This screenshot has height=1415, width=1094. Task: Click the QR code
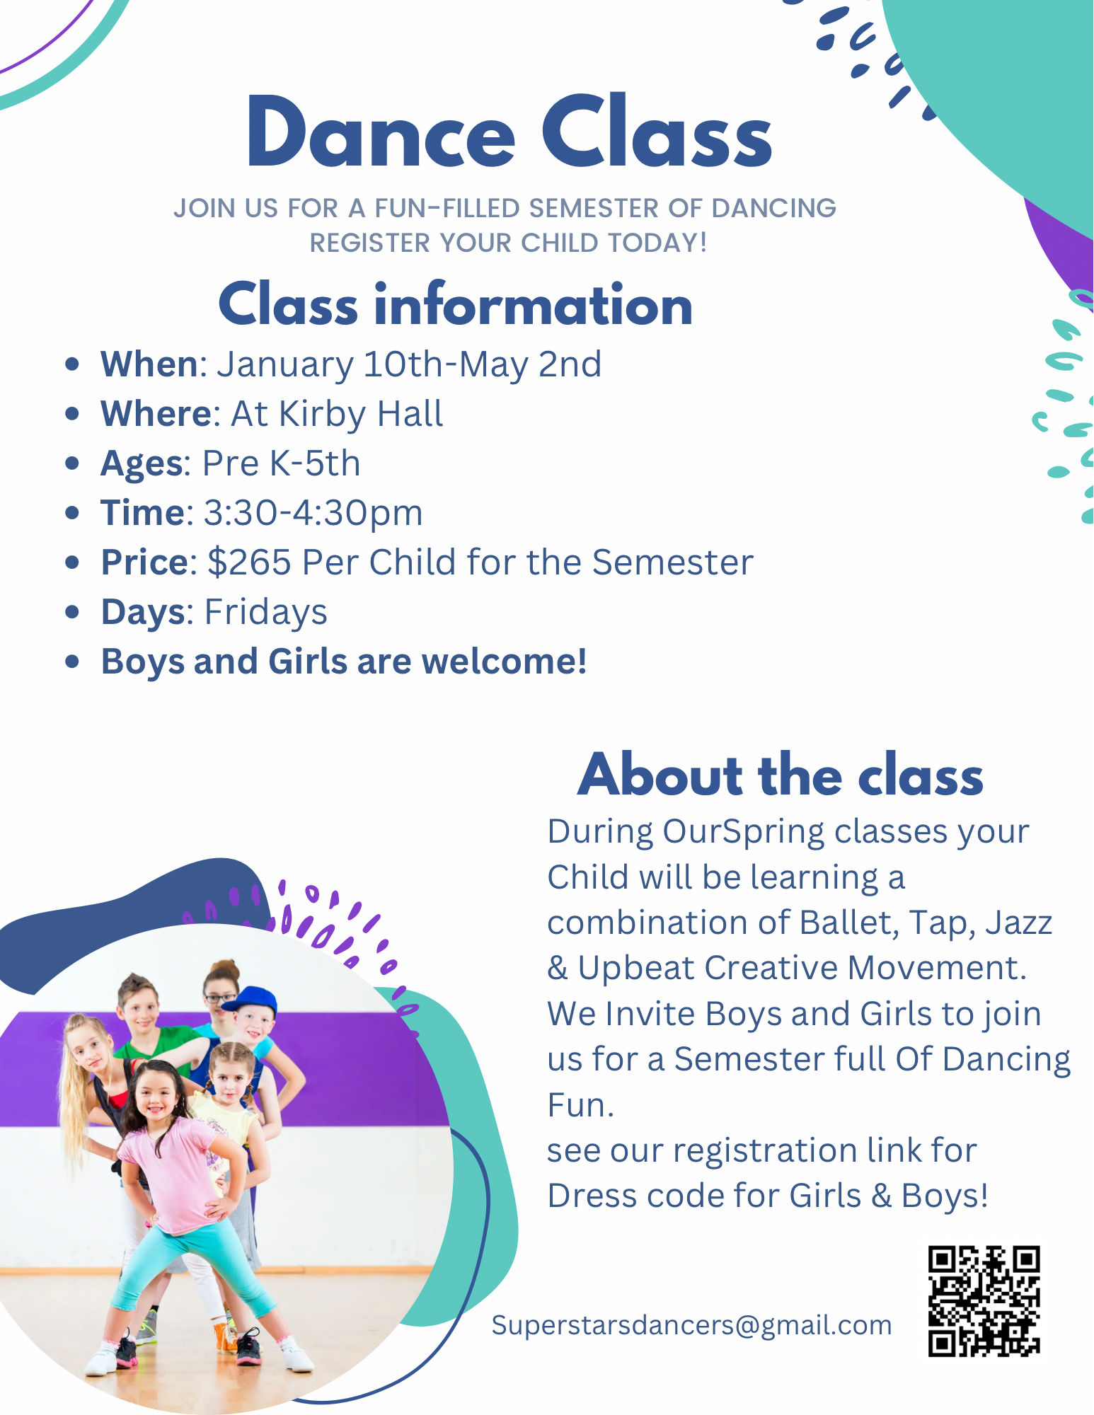(x=984, y=1301)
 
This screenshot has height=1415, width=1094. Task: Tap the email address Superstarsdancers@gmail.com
(x=691, y=1325)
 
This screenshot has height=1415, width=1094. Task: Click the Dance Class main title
(x=509, y=132)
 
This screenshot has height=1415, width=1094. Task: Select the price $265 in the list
(x=249, y=562)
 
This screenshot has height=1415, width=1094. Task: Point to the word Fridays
(x=266, y=612)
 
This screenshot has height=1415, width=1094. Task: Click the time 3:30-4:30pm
(x=313, y=513)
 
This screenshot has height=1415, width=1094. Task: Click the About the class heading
(x=781, y=775)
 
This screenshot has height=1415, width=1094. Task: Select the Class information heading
(x=456, y=304)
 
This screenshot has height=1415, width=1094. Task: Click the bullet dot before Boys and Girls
(x=71, y=662)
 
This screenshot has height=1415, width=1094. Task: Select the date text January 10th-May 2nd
(x=409, y=364)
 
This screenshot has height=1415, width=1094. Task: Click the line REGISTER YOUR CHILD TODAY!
(x=509, y=243)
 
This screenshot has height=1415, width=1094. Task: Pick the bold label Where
(x=156, y=414)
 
